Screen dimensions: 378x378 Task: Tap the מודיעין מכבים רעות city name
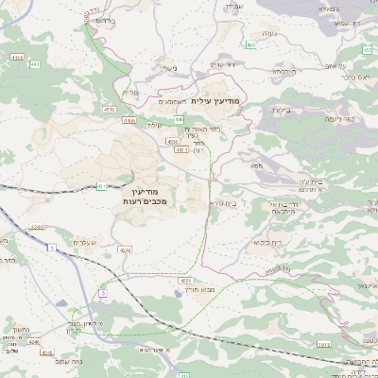click(x=144, y=196)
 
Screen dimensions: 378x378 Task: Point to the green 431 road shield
click(x=100, y=186)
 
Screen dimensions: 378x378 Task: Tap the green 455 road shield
click(x=249, y=44)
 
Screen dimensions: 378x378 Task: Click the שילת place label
click(x=156, y=126)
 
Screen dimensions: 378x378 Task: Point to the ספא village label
click(x=256, y=166)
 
